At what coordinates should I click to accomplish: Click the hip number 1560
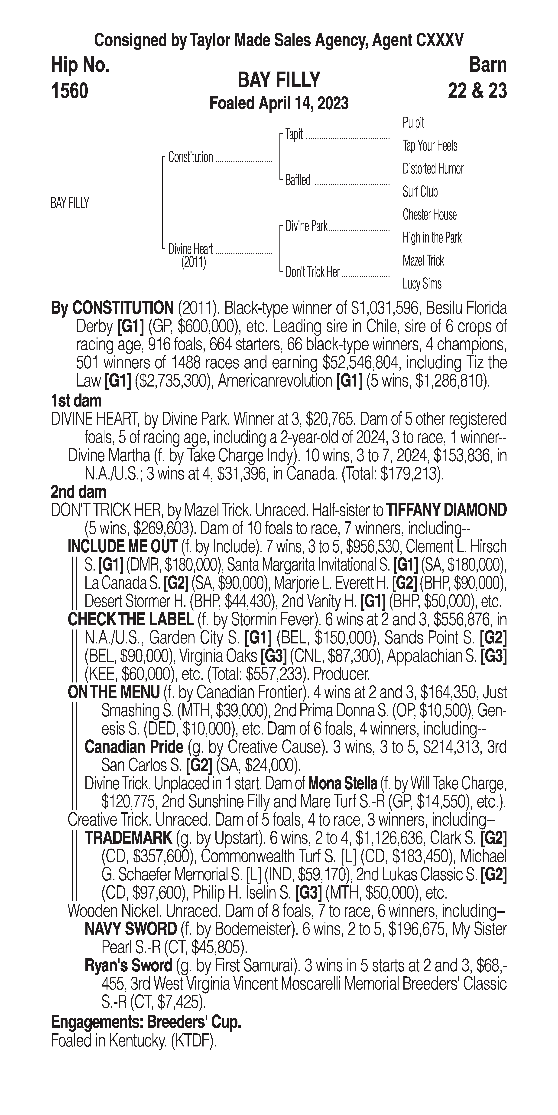(70, 91)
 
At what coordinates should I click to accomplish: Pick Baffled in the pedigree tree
(298, 180)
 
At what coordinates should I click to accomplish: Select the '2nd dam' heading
(78, 492)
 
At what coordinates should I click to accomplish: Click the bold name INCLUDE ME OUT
(122, 547)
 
